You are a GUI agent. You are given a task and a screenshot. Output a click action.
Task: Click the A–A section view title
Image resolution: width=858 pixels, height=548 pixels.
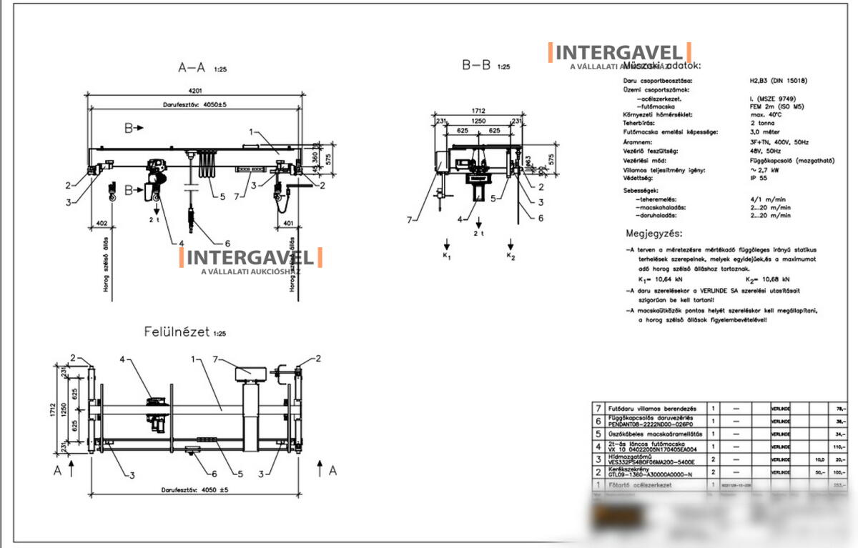(x=191, y=68)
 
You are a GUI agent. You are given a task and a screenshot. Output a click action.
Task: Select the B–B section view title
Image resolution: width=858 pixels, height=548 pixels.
(x=477, y=66)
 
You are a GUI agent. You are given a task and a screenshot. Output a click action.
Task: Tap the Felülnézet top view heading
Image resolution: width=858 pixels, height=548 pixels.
(x=177, y=332)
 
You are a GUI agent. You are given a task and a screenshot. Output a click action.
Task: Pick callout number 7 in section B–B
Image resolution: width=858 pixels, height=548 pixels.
(x=410, y=220)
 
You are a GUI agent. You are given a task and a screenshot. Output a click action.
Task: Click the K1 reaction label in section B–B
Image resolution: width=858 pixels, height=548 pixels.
(x=446, y=255)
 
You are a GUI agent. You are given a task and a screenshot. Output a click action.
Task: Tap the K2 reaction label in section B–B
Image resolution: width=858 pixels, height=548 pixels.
(x=510, y=255)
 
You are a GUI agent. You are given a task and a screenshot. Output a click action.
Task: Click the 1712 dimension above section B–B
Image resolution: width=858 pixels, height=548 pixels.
(x=478, y=111)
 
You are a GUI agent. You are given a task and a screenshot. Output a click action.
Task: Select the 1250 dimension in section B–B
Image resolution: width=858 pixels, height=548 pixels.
(x=478, y=121)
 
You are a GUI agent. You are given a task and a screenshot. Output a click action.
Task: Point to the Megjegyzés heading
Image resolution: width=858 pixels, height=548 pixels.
(x=654, y=233)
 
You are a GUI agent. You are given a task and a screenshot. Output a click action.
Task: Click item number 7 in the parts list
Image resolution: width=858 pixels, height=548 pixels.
(x=598, y=407)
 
